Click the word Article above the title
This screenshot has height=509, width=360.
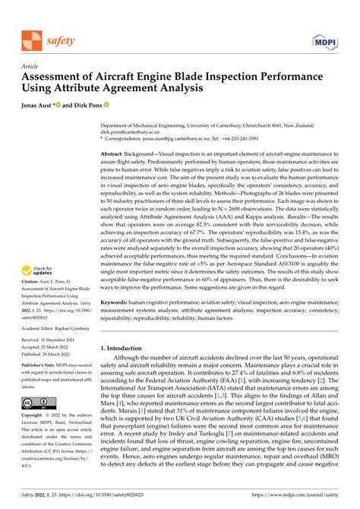(x=30, y=66)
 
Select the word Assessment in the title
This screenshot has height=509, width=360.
(x=61, y=77)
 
